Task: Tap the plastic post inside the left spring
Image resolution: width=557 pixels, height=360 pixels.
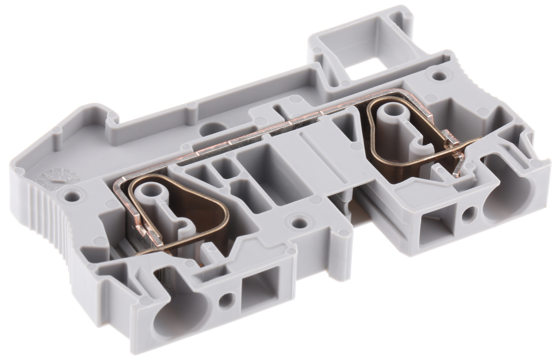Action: tap(153, 193)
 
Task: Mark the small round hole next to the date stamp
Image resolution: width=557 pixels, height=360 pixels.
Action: tap(71, 196)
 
